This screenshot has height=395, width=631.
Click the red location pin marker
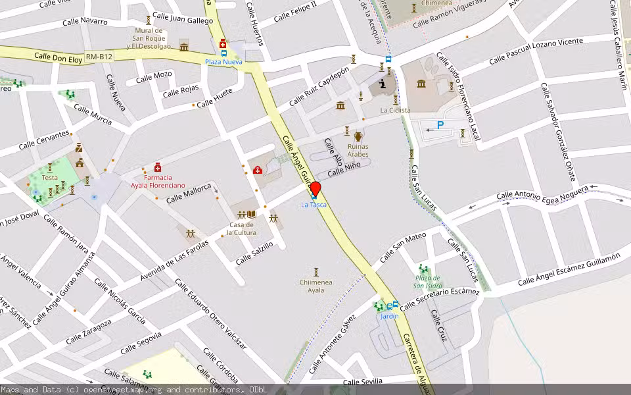coord(315,188)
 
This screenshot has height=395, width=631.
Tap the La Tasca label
coord(314,205)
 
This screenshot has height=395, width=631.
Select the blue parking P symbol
coord(440,124)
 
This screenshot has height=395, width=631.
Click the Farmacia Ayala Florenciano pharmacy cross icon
coord(158,167)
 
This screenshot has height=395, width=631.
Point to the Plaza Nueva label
coord(223,62)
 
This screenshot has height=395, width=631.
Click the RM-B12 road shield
coord(99,57)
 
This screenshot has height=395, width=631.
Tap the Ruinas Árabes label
coord(358,150)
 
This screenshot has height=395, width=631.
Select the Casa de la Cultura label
coord(241,229)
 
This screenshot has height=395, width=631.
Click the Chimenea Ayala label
coord(316,286)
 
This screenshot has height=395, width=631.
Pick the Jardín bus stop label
coord(389,316)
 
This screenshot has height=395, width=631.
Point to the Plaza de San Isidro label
coord(428,282)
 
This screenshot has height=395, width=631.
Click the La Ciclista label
coord(395,110)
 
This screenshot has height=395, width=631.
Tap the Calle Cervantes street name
coord(44,140)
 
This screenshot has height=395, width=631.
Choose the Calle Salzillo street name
coord(254,255)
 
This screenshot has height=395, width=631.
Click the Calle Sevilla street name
coord(363,382)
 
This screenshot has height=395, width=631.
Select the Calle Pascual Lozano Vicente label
coord(536,52)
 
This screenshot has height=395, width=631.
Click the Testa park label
coord(50,177)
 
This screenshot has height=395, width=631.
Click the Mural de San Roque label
coord(149,38)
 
